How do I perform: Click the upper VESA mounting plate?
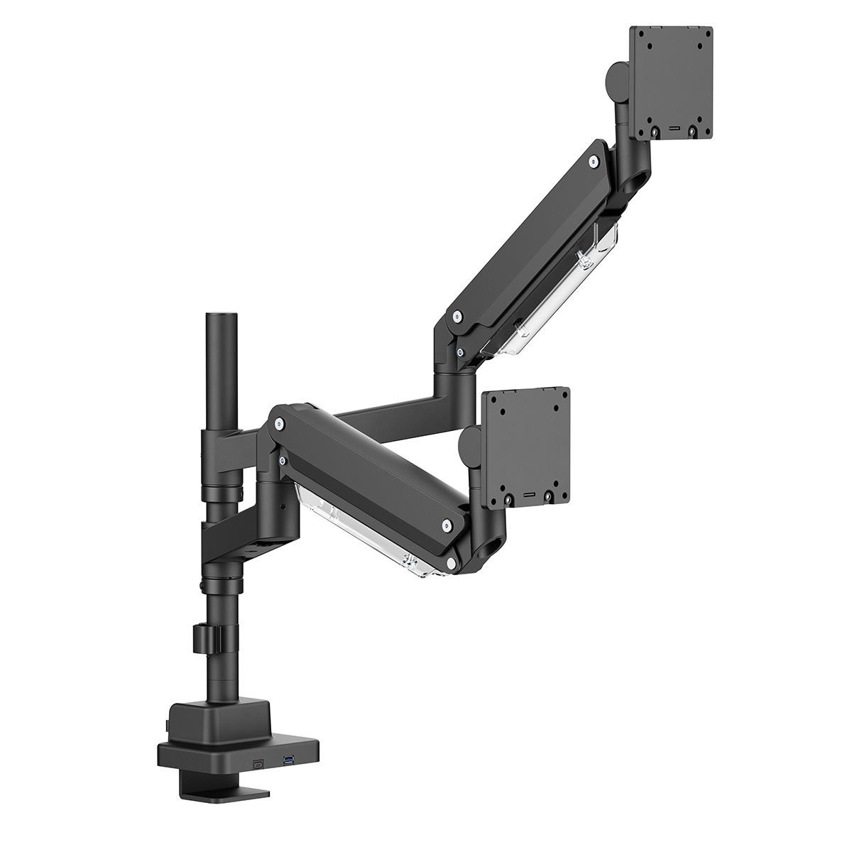pos(671,82)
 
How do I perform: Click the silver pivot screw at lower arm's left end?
pos(279,424)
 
